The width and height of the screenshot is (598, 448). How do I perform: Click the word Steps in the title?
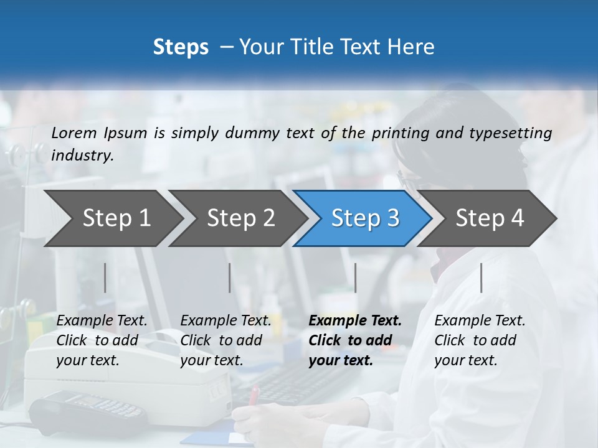pos(181,47)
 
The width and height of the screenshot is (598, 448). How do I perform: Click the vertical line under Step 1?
pos(105,278)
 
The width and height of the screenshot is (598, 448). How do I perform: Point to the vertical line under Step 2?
pos(230,278)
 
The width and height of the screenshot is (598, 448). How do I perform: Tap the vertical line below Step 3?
pos(356,278)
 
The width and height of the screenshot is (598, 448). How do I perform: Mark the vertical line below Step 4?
pos(482,278)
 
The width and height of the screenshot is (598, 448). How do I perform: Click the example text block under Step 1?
pos(102,340)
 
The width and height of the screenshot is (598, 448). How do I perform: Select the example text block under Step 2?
pos(225,340)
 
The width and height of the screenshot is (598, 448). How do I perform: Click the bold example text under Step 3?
pos(355,340)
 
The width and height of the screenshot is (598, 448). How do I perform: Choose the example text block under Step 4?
pos(480,340)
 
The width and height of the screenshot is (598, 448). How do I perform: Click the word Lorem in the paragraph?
pos(74,133)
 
